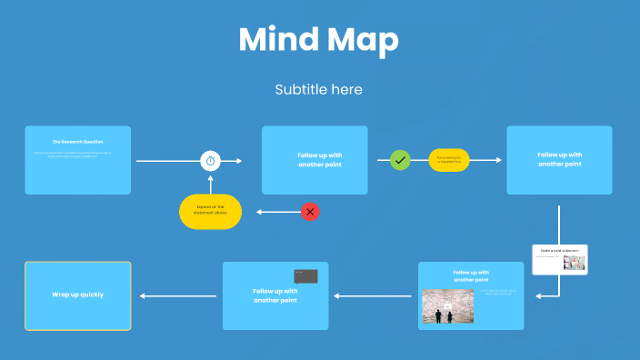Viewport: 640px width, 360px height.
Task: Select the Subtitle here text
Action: point(318,89)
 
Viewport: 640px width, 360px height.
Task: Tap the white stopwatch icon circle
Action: point(211,161)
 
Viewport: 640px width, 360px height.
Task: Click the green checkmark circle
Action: point(400,160)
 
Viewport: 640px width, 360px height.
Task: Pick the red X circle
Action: point(310,212)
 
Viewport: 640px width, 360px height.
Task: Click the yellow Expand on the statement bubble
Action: point(211,211)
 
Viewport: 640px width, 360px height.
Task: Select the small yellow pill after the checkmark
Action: point(449,160)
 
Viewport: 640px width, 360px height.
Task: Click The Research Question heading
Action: point(78,142)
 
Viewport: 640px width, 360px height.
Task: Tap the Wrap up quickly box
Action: point(78,295)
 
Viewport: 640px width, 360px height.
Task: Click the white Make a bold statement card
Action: point(560,258)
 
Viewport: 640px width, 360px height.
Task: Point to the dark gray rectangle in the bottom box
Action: point(305,275)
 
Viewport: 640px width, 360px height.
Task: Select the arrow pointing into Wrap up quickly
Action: point(177,295)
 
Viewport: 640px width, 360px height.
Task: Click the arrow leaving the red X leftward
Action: point(277,212)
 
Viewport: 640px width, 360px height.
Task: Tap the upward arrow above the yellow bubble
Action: point(211,183)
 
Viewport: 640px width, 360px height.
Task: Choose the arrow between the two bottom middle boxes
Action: point(373,295)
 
